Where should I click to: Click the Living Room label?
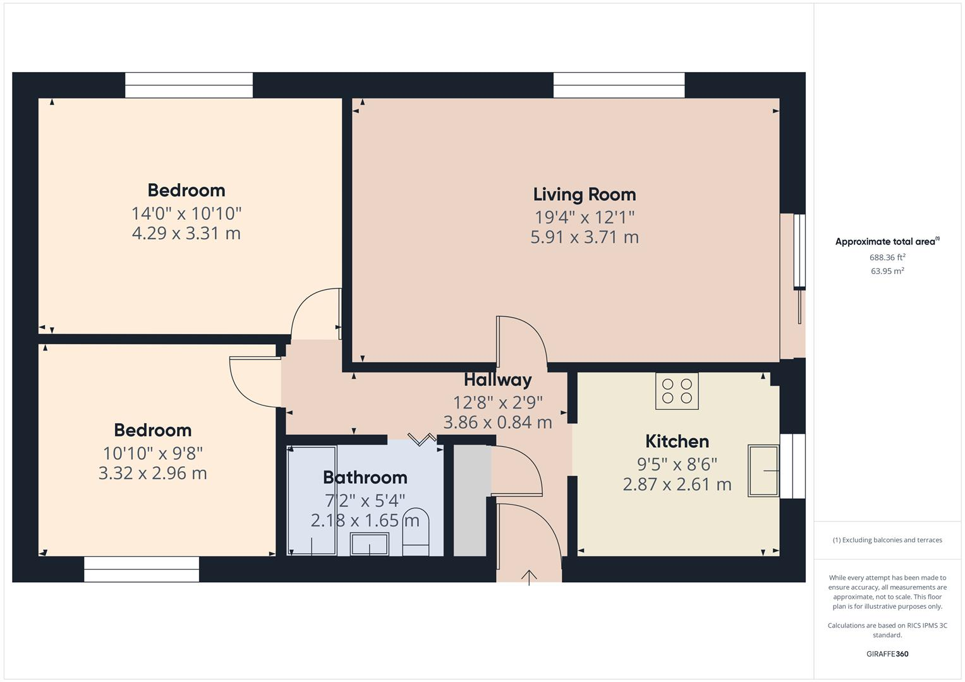[584, 194]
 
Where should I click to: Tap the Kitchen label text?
[677, 441]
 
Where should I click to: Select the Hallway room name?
[497, 380]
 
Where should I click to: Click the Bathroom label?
[365, 477]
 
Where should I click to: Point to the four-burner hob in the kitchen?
[677, 392]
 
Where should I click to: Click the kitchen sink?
[763, 470]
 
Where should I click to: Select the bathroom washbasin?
[370, 544]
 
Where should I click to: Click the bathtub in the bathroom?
[312, 500]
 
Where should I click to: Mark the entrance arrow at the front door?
[529, 577]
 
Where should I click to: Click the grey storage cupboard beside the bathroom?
[471, 500]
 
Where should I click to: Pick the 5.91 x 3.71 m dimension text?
[584, 237]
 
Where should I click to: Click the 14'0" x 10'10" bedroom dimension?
[186, 213]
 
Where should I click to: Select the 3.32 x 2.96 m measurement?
[152, 473]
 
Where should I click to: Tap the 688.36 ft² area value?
[887, 258]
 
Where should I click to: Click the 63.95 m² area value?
[887, 271]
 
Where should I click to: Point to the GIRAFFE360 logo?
[887, 654]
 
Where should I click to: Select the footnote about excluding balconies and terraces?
[887, 540]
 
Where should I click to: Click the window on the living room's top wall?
[619, 85]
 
